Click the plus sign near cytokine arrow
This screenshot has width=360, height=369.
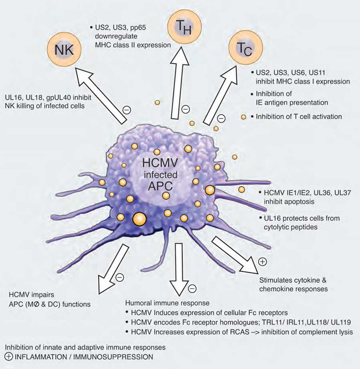(x=262, y=262)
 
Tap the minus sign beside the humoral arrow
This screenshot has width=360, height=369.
(x=192, y=288)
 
